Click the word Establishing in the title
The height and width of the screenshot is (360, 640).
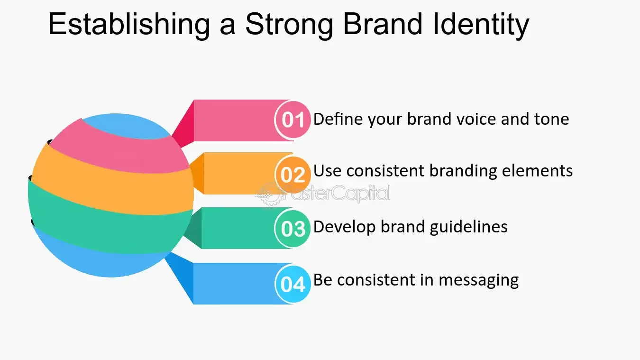(x=129, y=25)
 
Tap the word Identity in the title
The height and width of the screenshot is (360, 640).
(x=481, y=25)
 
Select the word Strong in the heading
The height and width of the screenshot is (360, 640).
(x=289, y=25)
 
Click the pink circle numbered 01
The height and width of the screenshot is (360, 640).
(x=293, y=120)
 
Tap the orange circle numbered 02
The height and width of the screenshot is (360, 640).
(x=293, y=175)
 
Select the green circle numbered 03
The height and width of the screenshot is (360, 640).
(x=293, y=229)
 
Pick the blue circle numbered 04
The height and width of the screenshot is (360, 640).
(x=293, y=284)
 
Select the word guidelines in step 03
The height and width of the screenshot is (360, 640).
(x=468, y=227)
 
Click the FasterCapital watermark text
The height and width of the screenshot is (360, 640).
(x=337, y=193)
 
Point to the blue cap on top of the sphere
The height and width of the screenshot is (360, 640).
(x=126, y=126)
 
